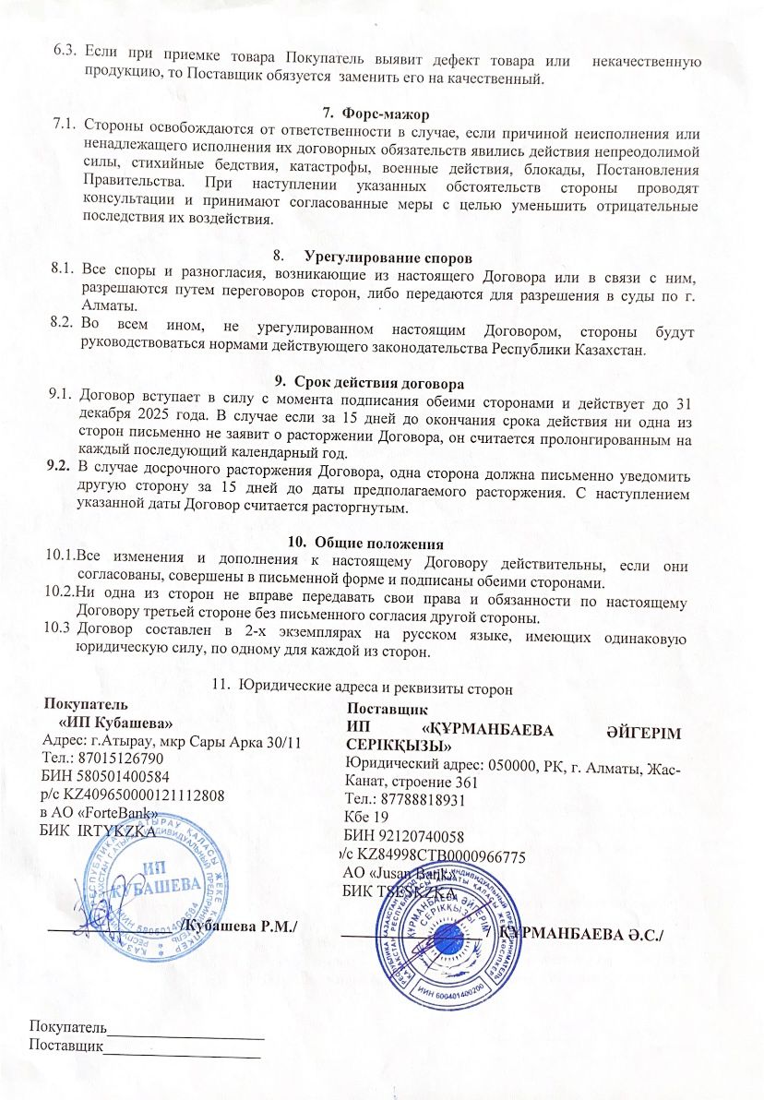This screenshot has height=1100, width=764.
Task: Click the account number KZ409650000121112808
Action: (x=144, y=793)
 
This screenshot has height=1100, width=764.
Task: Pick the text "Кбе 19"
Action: (x=365, y=817)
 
